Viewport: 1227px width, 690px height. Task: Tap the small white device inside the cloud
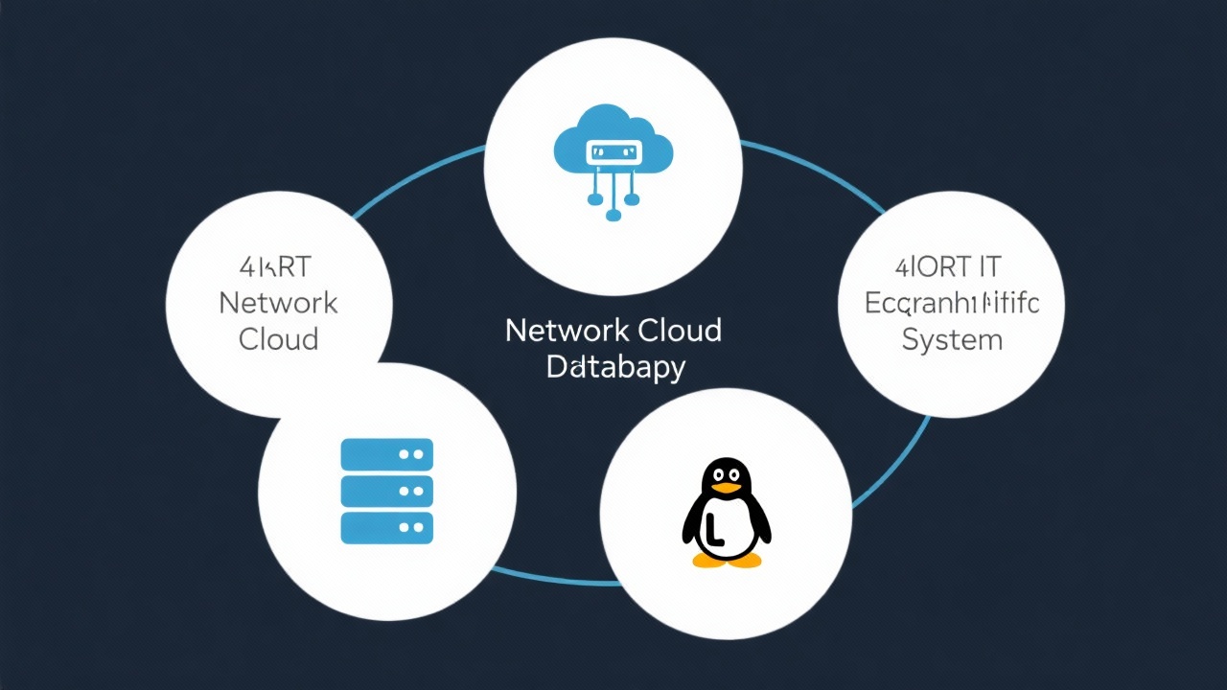point(613,152)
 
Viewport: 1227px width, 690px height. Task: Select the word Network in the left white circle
point(278,303)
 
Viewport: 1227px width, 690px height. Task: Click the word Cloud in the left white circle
point(278,338)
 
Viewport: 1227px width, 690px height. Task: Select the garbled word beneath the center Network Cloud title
point(615,367)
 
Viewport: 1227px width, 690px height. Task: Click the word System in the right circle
point(952,339)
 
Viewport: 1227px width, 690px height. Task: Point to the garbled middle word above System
point(952,303)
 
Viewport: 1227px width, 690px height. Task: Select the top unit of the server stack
point(387,454)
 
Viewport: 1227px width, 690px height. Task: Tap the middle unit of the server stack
point(387,491)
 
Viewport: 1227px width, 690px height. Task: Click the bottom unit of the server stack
point(387,527)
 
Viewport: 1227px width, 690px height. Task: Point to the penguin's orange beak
point(727,488)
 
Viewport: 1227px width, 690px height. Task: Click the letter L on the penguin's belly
point(714,528)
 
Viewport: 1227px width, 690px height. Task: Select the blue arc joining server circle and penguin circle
point(556,578)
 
